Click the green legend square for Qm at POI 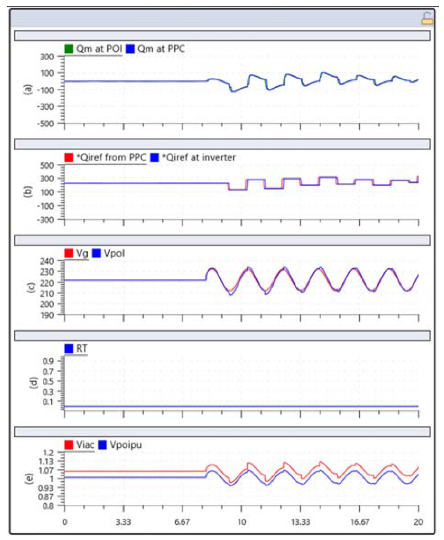click(69, 49)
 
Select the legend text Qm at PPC click(161, 49)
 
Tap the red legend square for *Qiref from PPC click(69, 157)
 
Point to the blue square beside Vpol click(96, 253)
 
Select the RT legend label click(82, 348)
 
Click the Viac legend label click(85, 445)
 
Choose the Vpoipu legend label click(126, 445)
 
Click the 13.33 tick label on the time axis click(300, 522)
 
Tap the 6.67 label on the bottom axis click(182, 522)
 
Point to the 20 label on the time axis click(418, 522)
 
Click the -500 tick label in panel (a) click(46, 124)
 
